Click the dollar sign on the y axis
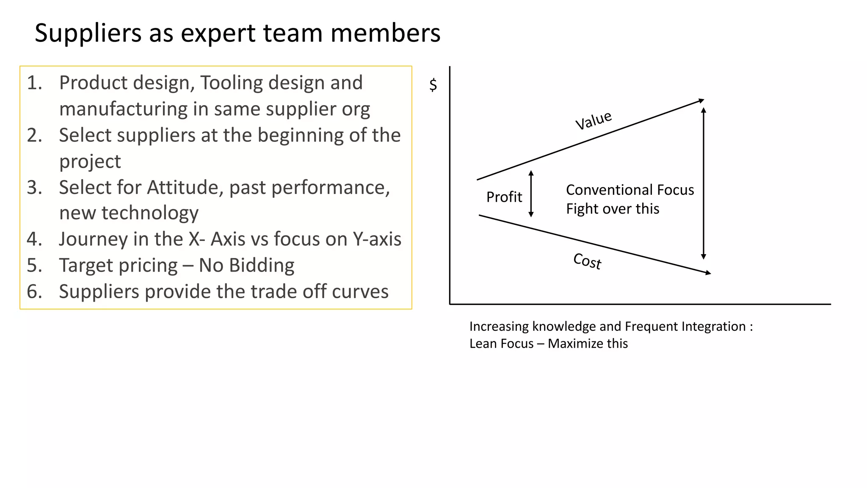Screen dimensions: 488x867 pyautogui.click(x=433, y=85)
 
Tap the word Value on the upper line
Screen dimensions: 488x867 pyautogui.click(x=594, y=120)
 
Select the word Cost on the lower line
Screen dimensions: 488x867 pyautogui.click(x=587, y=261)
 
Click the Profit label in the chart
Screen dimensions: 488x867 pyautogui.click(x=504, y=197)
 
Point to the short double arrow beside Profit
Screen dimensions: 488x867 pyautogui.click(x=531, y=194)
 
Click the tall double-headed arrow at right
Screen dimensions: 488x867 pyautogui.click(x=704, y=183)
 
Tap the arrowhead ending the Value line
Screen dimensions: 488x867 pyautogui.click(x=701, y=100)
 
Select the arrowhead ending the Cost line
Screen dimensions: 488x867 pyautogui.click(x=708, y=273)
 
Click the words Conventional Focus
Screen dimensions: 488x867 pyautogui.click(x=630, y=190)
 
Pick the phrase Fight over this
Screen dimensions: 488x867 pyautogui.click(x=612, y=209)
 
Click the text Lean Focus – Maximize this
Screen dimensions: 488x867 pyautogui.click(x=548, y=344)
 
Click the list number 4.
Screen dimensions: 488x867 pyautogui.click(x=34, y=239)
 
